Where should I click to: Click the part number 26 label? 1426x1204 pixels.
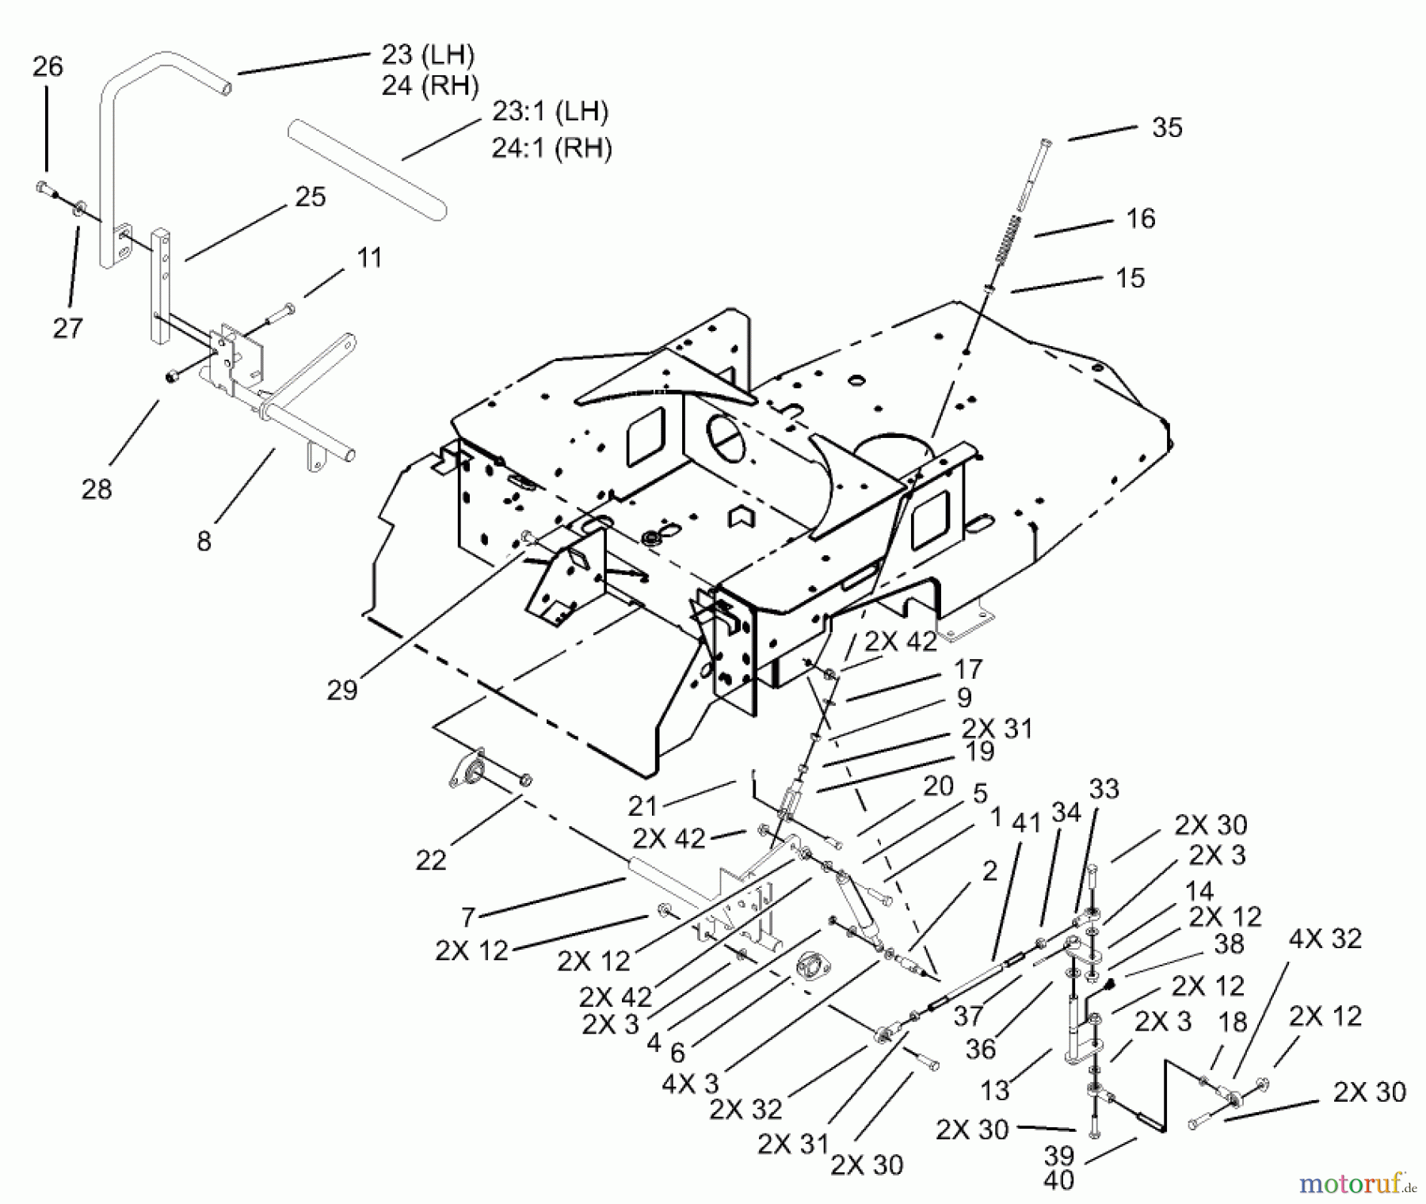tap(48, 67)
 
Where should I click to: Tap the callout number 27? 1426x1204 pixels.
tap(68, 328)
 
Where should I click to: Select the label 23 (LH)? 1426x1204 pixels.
tap(428, 55)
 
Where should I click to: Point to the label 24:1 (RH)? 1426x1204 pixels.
tap(551, 148)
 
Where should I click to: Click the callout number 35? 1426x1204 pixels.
tap(1167, 128)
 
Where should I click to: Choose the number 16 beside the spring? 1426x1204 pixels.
tap(1140, 219)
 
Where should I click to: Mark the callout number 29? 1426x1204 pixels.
tap(342, 690)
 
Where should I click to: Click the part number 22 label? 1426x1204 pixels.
tap(431, 860)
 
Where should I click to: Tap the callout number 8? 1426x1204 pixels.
tap(204, 541)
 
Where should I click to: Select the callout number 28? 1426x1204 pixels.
tap(97, 490)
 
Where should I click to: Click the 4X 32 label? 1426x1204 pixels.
tap(1325, 939)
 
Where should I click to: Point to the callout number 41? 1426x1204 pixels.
tap(1026, 823)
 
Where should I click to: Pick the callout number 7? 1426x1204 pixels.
tap(467, 917)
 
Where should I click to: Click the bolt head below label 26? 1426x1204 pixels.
tap(44, 189)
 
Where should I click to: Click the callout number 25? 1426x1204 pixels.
tap(310, 197)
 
